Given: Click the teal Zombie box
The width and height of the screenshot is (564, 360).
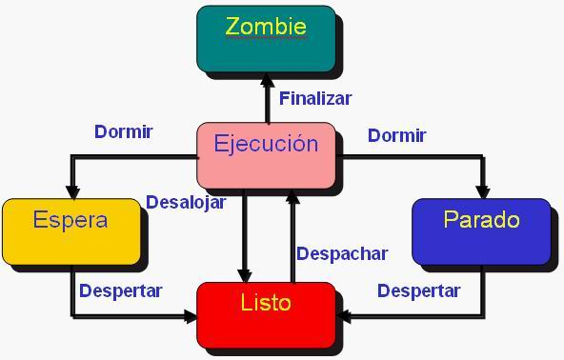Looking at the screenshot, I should coord(266,38).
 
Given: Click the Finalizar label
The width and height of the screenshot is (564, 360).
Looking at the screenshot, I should coord(315,98).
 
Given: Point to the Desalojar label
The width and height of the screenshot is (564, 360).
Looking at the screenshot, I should coord(185,202).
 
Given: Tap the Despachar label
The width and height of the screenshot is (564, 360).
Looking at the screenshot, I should coord(342,253).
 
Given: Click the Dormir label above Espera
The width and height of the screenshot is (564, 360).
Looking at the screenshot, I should coord(124,132).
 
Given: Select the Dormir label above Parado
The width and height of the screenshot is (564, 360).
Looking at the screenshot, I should coord(396,135).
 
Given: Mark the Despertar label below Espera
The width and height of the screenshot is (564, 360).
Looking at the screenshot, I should coord(120,290).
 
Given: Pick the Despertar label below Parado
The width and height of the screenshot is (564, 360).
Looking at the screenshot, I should coord(418,290).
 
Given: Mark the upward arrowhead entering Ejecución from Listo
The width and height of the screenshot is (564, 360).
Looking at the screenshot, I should coord(292,197).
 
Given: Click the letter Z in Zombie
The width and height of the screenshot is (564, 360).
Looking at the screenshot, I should coord(233,27).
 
